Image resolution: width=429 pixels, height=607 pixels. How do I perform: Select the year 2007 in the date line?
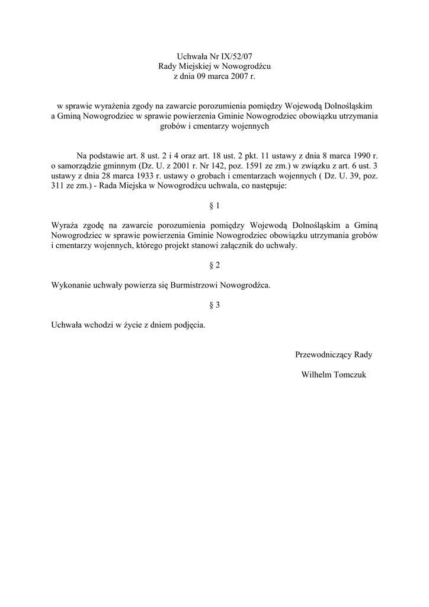tap(239, 76)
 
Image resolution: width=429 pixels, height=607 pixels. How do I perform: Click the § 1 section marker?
tap(214, 206)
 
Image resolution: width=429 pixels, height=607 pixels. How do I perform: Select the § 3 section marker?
tap(214, 305)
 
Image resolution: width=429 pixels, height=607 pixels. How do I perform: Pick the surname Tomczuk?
tap(352, 375)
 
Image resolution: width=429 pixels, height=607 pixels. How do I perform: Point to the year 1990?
tap(359, 155)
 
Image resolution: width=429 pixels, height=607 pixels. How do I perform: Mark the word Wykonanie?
tap(71, 285)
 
